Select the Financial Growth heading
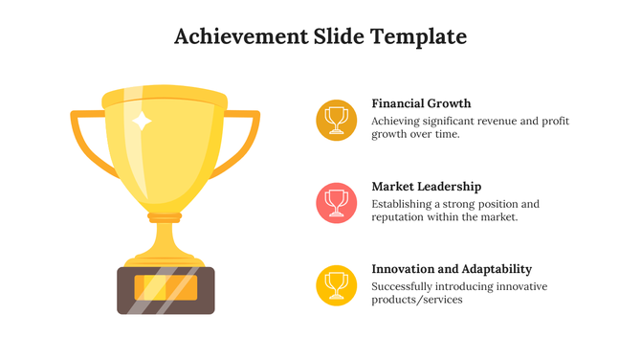pyautogui.click(x=421, y=103)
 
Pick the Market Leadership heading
pyautogui.click(x=426, y=187)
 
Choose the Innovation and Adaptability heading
pyautogui.click(x=452, y=269)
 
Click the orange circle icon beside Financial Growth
pyautogui.click(x=336, y=119)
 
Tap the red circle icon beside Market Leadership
pyautogui.click(x=336, y=202)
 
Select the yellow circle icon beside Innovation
pyautogui.click(x=336, y=284)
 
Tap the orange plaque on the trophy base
pyautogui.click(x=166, y=287)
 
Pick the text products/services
pyautogui.click(x=417, y=300)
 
